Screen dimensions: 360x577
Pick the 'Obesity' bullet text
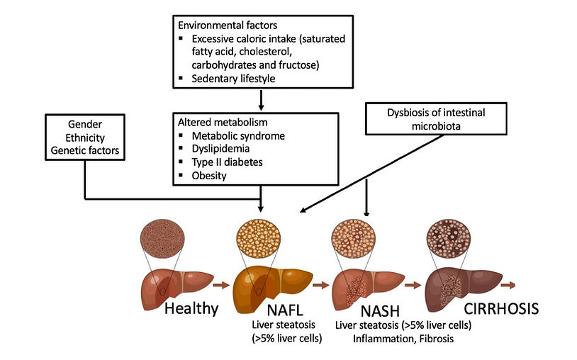point(209,175)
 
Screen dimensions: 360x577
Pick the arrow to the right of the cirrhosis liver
point(508,286)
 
